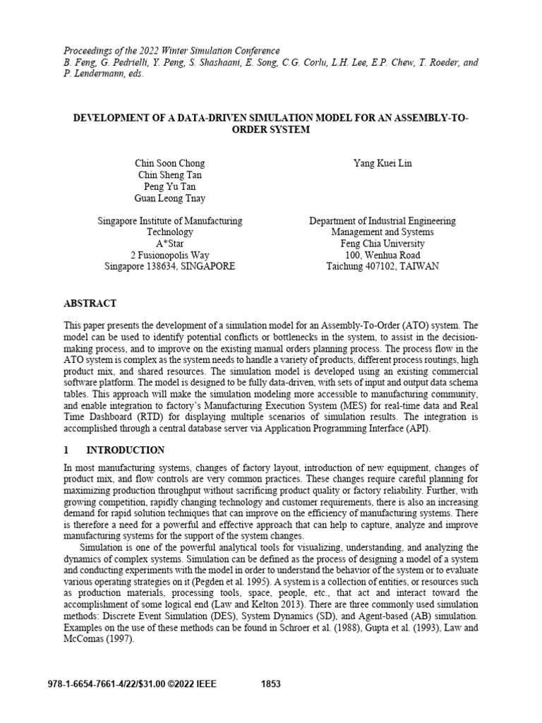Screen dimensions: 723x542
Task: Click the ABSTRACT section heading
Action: click(90, 303)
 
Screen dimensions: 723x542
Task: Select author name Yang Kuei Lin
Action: click(382, 164)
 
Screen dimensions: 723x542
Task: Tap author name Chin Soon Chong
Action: click(169, 164)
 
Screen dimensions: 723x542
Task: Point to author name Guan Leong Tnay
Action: click(169, 198)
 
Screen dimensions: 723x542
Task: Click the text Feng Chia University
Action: click(382, 244)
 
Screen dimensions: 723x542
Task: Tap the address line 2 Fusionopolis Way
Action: click(169, 255)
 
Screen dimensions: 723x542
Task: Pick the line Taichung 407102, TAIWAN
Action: click(382, 266)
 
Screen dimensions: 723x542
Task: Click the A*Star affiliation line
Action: click(169, 244)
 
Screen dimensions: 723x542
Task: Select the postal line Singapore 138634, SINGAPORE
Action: click(169, 266)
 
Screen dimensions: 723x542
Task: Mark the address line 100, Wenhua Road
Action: click(382, 255)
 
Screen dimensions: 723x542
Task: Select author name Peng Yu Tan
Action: click(169, 187)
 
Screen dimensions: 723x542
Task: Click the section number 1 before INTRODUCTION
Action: click(66, 450)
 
